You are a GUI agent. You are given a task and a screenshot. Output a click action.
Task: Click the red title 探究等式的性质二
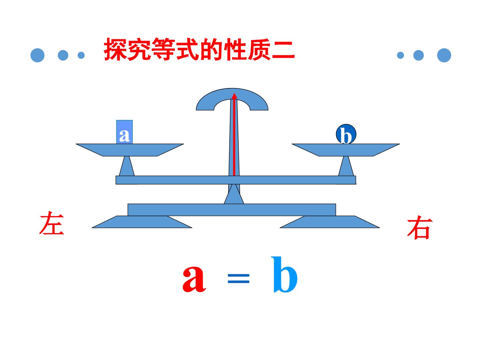tap(199, 49)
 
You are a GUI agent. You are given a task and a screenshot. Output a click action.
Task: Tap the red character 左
tap(52, 223)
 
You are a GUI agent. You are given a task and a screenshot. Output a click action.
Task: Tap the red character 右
tap(420, 227)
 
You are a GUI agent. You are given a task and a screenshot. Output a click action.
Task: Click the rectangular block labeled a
tap(124, 132)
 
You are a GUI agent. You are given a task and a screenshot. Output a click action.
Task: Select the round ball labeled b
tap(346, 134)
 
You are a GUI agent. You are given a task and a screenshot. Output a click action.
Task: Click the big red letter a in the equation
tap(194, 279)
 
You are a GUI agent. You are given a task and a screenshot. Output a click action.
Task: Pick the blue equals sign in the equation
tap(239, 278)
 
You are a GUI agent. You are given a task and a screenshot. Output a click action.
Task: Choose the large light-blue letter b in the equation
tap(284, 275)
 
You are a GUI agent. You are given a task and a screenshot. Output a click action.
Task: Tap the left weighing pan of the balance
tap(130, 150)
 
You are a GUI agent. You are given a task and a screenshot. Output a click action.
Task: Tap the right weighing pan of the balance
tap(346, 150)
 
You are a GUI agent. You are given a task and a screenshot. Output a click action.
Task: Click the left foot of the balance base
tap(142, 222)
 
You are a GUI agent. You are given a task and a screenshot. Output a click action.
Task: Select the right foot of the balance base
tap(330, 222)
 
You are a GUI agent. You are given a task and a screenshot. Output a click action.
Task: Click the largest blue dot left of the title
tap(37, 55)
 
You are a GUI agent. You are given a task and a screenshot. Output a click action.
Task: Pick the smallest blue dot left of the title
tap(81, 55)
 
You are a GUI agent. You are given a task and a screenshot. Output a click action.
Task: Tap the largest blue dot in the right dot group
tap(444, 55)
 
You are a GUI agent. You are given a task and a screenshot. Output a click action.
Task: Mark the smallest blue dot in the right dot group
tap(400, 55)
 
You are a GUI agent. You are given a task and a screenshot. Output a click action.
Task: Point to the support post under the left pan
tap(127, 166)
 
